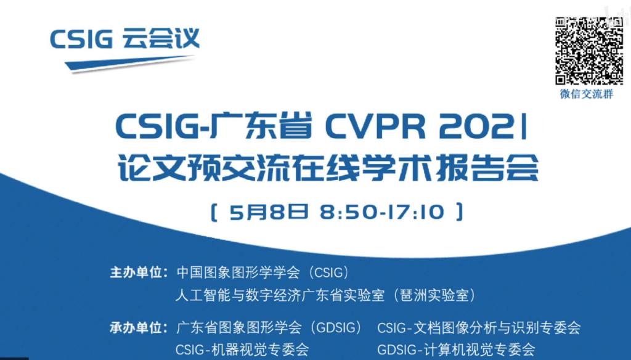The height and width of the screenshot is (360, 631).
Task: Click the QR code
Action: (x=589, y=51)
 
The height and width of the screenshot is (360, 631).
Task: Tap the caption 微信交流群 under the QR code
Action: (x=587, y=94)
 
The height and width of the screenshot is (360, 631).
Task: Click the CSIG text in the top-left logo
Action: (x=81, y=39)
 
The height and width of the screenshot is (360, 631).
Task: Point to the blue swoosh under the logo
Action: (x=129, y=65)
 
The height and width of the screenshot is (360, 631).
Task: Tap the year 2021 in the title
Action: (x=483, y=126)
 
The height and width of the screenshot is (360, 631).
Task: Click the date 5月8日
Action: (x=269, y=212)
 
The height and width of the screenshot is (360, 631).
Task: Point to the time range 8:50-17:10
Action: (x=382, y=212)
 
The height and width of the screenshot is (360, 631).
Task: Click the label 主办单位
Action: (x=137, y=272)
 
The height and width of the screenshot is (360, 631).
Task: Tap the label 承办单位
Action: (x=137, y=327)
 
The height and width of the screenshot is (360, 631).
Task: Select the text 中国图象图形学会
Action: (x=238, y=272)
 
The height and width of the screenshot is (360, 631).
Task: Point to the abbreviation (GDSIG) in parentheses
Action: (x=333, y=327)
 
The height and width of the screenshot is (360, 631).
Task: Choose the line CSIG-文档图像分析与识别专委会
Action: (x=479, y=327)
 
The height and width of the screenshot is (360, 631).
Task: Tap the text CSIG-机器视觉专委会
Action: (x=242, y=349)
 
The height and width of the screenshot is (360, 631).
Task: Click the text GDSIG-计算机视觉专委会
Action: (x=457, y=349)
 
